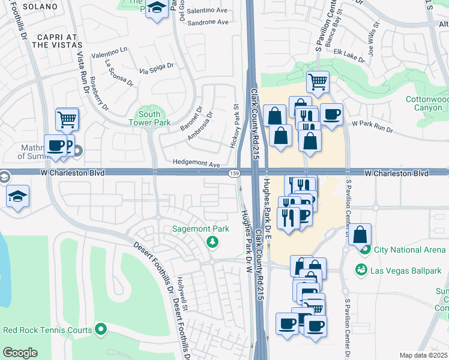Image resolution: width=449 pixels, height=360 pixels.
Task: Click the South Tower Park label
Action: tap(149, 118)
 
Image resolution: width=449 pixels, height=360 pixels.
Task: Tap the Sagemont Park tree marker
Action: tap(211, 241)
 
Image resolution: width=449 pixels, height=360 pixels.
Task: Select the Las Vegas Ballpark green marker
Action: tap(362, 271)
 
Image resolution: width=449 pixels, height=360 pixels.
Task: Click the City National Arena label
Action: tap(409, 250)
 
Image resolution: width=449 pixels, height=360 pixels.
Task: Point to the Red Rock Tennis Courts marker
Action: tap(101, 329)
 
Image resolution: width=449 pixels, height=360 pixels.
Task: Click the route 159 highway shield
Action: tap(235, 173)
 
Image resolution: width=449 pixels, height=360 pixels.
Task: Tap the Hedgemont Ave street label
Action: tap(196, 164)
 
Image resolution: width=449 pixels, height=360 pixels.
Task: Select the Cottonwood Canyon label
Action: tap(428, 103)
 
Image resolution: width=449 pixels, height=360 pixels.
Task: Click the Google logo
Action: tap(20, 353)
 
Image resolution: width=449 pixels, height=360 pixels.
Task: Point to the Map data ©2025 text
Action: tap(423, 355)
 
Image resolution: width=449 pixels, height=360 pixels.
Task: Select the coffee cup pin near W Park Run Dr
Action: tap(331, 113)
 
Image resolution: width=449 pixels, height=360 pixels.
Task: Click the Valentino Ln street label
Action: tap(110, 53)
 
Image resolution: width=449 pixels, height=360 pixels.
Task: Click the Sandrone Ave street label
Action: tap(208, 22)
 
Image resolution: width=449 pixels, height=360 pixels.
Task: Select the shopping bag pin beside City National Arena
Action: tap(360, 234)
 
